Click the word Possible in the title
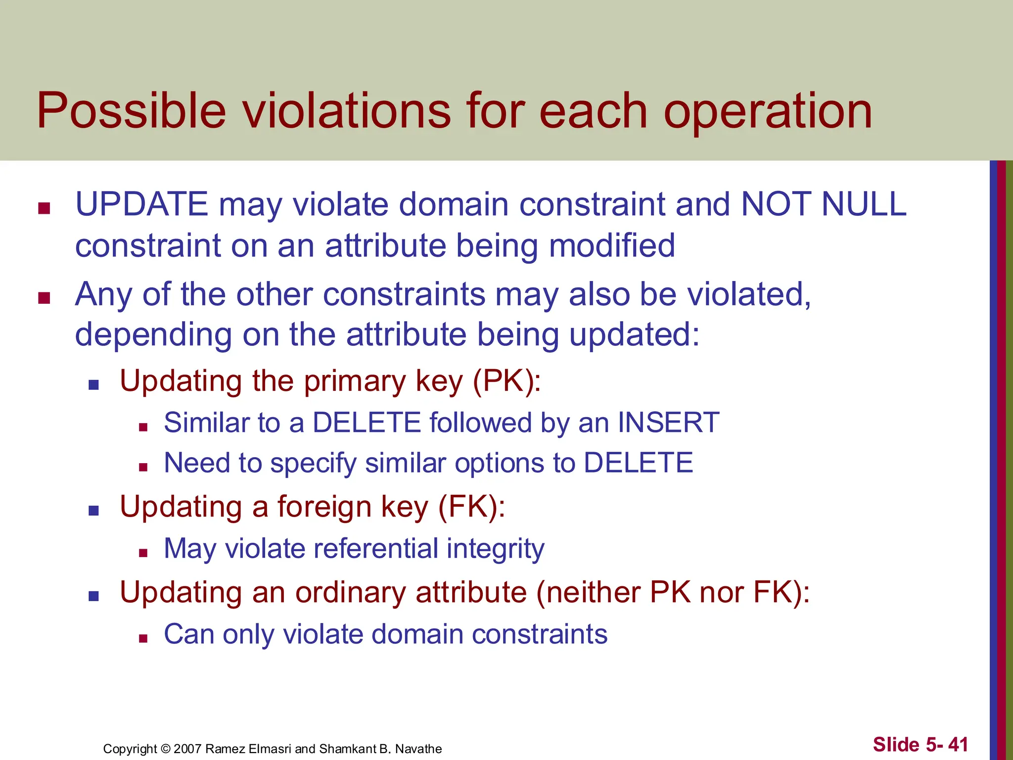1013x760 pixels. coord(131,111)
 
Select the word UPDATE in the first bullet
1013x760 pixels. coord(141,204)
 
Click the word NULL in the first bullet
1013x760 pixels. coord(864,204)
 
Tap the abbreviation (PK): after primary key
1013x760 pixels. coord(507,381)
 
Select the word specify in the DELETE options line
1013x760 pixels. coord(313,464)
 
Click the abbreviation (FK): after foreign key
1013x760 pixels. coord(472,507)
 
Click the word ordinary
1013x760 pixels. coord(351,592)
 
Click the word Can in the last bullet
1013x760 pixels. coord(188,634)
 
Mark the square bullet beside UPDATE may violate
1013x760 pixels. coord(45,208)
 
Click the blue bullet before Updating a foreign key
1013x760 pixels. coord(93,511)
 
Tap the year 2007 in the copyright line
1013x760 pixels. coord(187,749)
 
